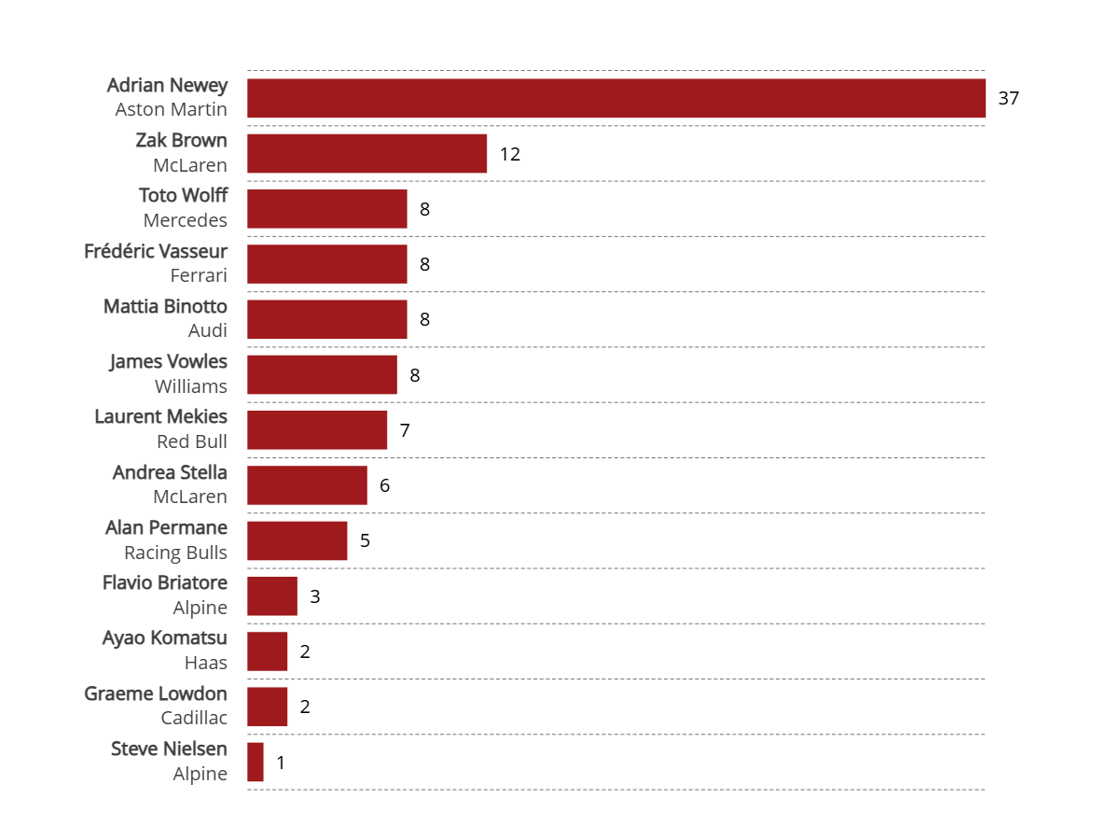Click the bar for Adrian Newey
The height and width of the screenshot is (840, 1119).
(615, 98)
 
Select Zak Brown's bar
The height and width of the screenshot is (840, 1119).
(366, 153)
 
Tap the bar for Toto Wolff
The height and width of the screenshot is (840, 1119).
(326, 209)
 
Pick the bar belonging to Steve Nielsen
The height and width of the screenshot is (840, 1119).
(256, 763)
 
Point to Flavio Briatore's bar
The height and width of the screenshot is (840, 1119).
(272, 596)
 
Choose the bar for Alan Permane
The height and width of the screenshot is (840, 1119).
(297, 541)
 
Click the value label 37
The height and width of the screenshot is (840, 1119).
(1008, 98)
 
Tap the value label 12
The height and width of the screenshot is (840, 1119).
(509, 154)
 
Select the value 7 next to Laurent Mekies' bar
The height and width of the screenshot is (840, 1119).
(405, 430)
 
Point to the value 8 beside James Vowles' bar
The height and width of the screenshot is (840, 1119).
(415, 375)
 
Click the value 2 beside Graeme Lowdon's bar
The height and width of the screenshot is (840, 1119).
(305, 707)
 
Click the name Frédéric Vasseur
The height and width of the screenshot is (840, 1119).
(156, 251)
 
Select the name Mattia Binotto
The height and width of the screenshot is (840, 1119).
(165, 306)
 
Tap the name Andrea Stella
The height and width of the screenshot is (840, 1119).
(170, 472)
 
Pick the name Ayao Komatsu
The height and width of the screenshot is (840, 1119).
(164, 638)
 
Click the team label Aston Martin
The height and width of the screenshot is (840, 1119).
(171, 109)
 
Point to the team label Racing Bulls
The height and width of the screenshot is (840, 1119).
(175, 553)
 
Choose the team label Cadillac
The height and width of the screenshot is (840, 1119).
(194, 719)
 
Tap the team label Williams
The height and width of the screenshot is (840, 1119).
(190, 386)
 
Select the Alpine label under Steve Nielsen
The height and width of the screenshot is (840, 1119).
(200, 774)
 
